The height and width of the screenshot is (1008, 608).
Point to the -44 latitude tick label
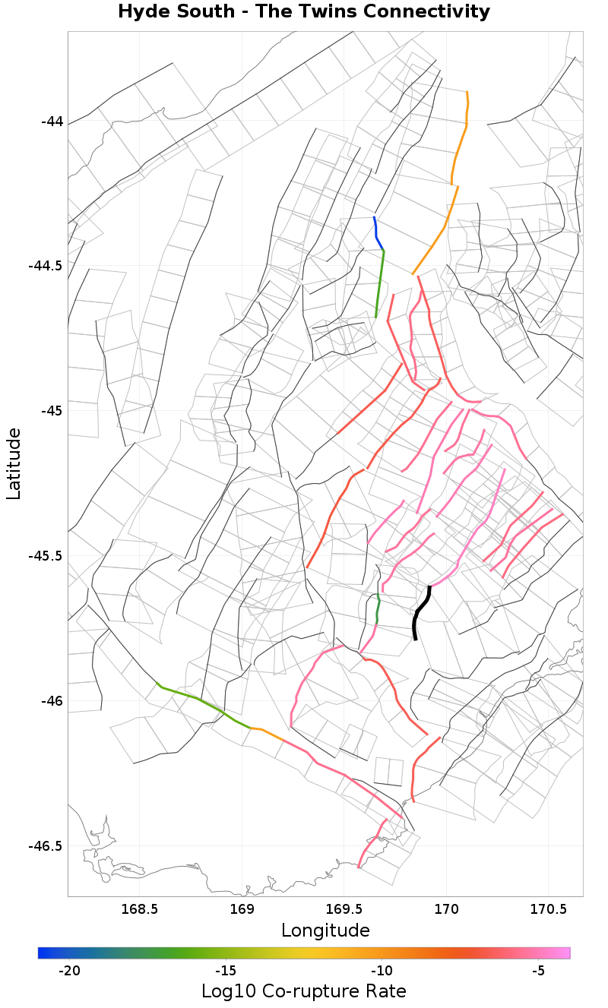(52, 122)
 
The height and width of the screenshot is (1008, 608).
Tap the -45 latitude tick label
(52, 411)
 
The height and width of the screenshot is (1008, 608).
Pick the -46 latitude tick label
(52, 701)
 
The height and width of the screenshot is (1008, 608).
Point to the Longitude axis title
(325, 931)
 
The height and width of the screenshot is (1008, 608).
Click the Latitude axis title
(14, 463)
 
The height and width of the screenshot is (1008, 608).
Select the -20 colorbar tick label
(69, 971)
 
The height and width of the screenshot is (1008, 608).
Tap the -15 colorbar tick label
(225, 971)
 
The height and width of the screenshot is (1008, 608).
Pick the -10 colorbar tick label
(382, 971)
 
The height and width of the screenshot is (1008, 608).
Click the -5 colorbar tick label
(538, 971)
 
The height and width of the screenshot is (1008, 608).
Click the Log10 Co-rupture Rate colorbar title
(304, 991)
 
